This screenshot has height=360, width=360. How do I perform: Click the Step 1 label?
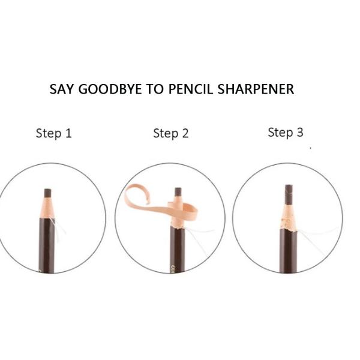(53, 133)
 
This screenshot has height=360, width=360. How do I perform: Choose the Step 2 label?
(170, 133)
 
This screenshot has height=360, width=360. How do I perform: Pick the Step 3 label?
(285, 132)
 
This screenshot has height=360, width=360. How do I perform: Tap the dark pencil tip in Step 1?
(47, 193)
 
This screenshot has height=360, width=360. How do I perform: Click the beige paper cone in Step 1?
(47, 208)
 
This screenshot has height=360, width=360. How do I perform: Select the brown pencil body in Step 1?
(47, 246)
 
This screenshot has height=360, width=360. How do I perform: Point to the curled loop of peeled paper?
(133, 199)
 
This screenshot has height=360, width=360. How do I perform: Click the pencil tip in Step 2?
(178, 193)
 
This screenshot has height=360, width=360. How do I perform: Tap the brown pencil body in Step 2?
(176, 252)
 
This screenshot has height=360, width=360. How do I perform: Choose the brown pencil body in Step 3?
(288, 252)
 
